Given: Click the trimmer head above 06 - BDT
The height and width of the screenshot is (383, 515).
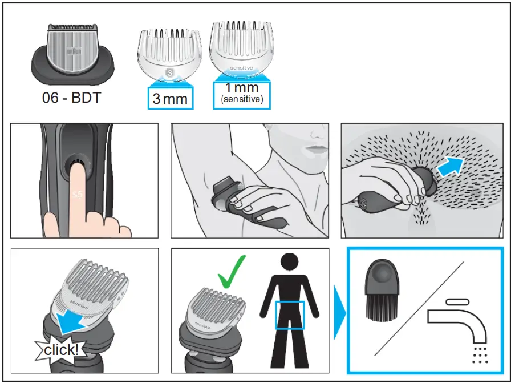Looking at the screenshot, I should tap(71, 51).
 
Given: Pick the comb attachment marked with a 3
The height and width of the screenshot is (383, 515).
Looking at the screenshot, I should tap(169, 54).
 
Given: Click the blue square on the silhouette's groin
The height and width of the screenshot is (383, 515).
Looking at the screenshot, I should tap(290, 315).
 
